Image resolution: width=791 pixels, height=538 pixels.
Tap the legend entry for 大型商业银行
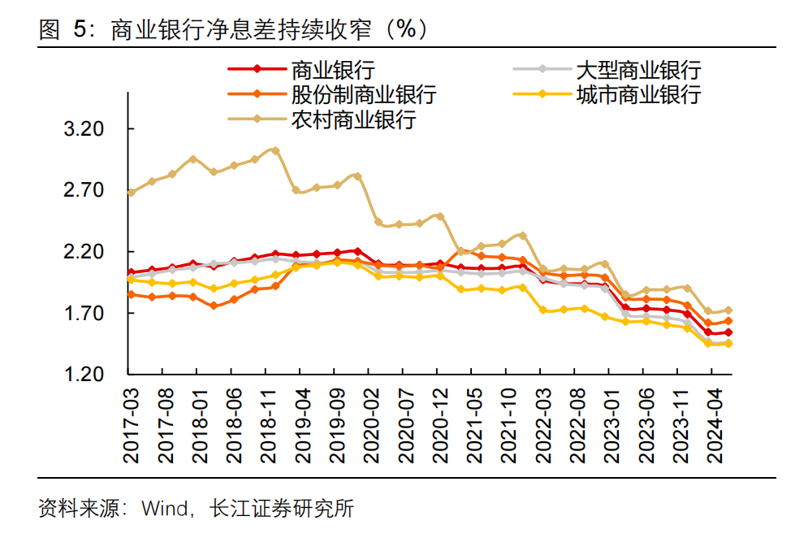(x=638, y=70)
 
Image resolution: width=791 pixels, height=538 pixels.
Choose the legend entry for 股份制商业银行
(x=364, y=94)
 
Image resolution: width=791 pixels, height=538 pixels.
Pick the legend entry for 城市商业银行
(x=638, y=94)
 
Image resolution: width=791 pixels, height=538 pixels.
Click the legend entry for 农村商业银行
(x=353, y=119)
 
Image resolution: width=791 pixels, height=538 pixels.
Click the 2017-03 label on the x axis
(x=132, y=424)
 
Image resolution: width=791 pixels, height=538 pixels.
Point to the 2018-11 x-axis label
(x=269, y=424)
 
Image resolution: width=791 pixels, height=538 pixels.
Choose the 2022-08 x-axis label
(x=575, y=424)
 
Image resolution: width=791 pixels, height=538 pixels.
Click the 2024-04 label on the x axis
(x=712, y=424)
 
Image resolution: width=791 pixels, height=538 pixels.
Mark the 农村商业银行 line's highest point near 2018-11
(x=275, y=150)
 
